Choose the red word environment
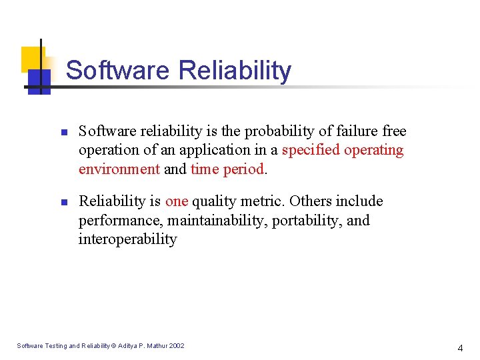coord(119,169)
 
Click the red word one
coord(177,201)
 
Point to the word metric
coord(261,201)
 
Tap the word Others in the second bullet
coord(313,201)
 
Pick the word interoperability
coord(128,239)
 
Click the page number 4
coord(459,348)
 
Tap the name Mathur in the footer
coord(155,345)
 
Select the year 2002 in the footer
coord(177,345)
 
